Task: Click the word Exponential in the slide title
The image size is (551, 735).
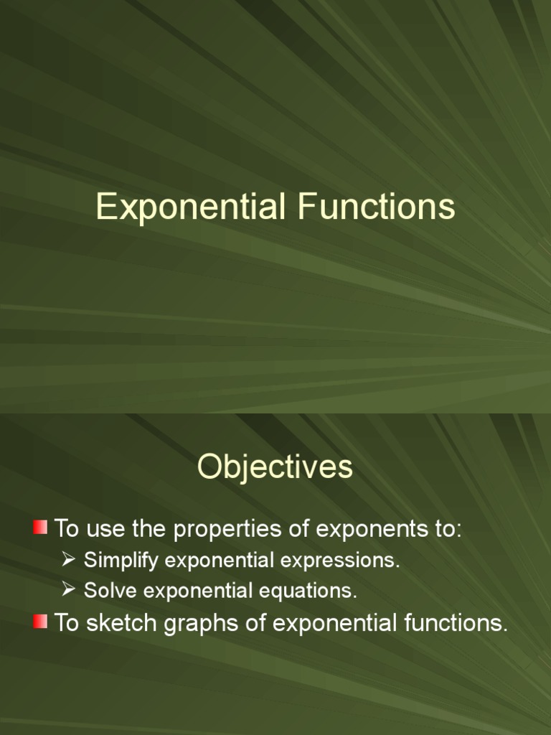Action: pos(188,207)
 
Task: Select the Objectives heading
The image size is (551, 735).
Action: pos(275,467)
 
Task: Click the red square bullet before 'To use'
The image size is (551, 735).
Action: pos(40,529)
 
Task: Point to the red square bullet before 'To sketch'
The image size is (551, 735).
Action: pos(40,622)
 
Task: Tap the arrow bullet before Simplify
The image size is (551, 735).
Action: pos(69,560)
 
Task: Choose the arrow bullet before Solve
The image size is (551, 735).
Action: pos(69,590)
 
